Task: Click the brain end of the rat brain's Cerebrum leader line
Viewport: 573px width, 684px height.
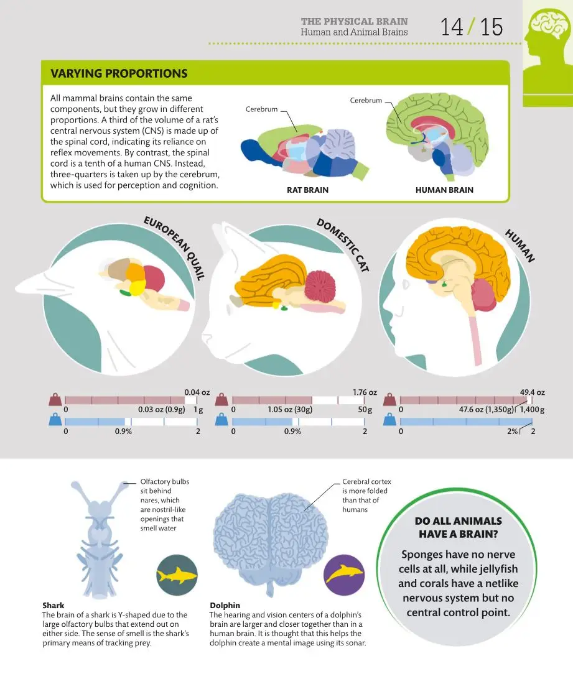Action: (x=297, y=132)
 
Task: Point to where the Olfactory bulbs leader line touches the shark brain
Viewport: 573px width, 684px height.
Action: (x=123, y=483)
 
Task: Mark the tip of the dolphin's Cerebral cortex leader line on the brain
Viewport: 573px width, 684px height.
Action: (x=304, y=510)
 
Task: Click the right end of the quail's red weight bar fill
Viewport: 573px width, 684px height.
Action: (x=185, y=400)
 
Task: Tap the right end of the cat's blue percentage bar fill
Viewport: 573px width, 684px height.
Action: (x=292, y=422)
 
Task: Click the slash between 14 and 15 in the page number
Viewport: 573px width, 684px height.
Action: (x=470, y=27)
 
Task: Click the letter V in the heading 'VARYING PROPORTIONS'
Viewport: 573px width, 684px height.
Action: (x=55, y=73)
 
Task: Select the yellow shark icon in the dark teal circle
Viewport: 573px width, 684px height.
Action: (x=177, y=575)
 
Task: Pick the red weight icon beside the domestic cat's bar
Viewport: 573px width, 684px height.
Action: (x=221, y=399)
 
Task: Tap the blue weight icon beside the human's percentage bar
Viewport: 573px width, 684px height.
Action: (x=389, y=420)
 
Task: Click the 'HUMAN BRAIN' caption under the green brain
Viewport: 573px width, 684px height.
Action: (x=444, y=190)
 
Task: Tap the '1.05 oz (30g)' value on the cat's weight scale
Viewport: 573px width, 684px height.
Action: (x=290, y=410)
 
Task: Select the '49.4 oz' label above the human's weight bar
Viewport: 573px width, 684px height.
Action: (x=532, y=392)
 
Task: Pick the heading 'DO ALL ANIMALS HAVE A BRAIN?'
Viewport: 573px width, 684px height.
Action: (x=459, y=527)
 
